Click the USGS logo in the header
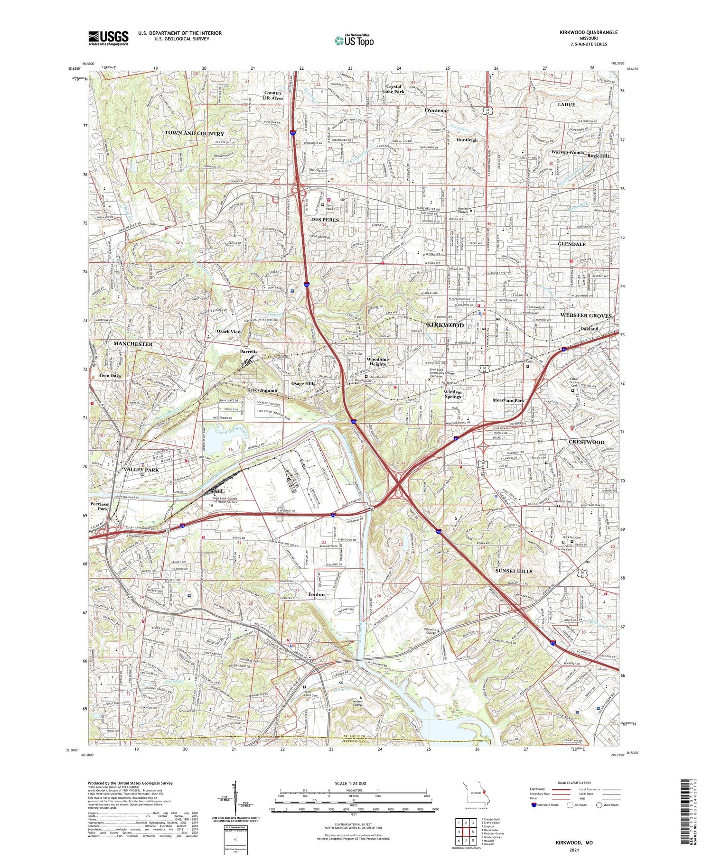[x=108, y=37]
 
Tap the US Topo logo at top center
[x=354, y=40]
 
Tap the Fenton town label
[x=317, y=594]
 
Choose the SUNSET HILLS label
[x=514, y=571]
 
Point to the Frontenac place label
[x=436, y=111]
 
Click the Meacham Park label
[x=508, y=400]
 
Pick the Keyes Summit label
[x=262, y=390]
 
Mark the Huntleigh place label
[x=467, y=140]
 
